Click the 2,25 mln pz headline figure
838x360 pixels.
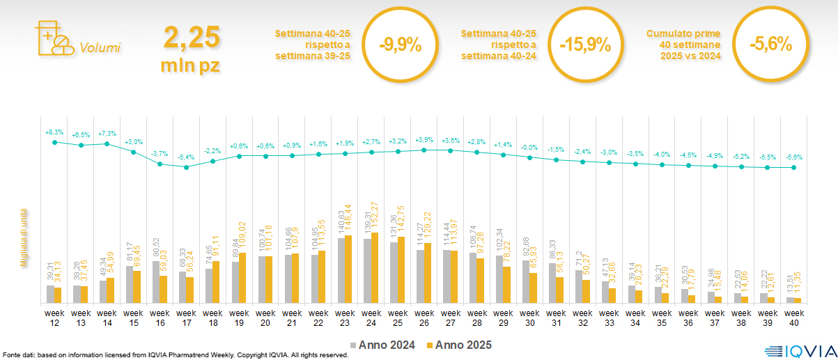[x=192, y=48]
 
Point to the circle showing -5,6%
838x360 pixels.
[x=770, y=45]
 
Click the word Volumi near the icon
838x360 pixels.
[x=100, y=48]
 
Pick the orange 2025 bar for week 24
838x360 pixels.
[x=375, y=267]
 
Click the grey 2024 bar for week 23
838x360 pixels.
[x=341, y=270]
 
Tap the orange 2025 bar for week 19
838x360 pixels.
[x=243, y=278]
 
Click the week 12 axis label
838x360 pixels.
[x=54, y=318]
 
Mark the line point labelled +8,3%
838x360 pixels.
[x=54, y=142]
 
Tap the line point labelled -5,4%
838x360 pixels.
[x=186, y=167]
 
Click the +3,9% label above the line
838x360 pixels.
[x=424, y=139]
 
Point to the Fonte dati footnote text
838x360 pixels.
[x=174, y=355]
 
